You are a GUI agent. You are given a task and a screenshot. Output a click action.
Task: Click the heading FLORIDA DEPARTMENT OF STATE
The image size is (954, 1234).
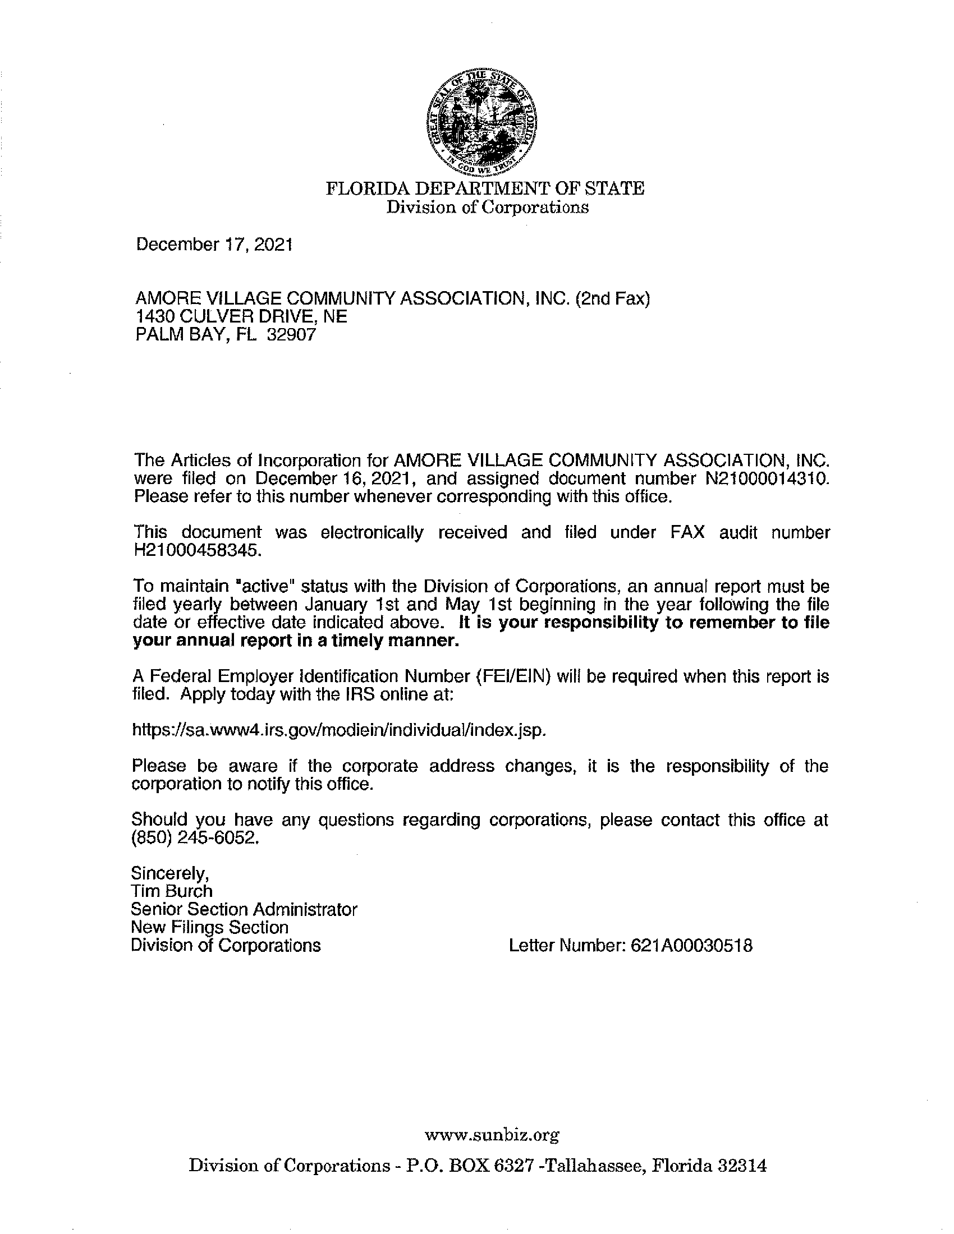point(485,188)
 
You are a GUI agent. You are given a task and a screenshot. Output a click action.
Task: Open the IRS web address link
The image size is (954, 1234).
point(338,729)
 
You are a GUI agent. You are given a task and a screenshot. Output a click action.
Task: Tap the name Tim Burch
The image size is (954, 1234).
point(172,891)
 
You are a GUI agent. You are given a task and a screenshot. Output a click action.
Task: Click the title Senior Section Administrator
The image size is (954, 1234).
point(244,909)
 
